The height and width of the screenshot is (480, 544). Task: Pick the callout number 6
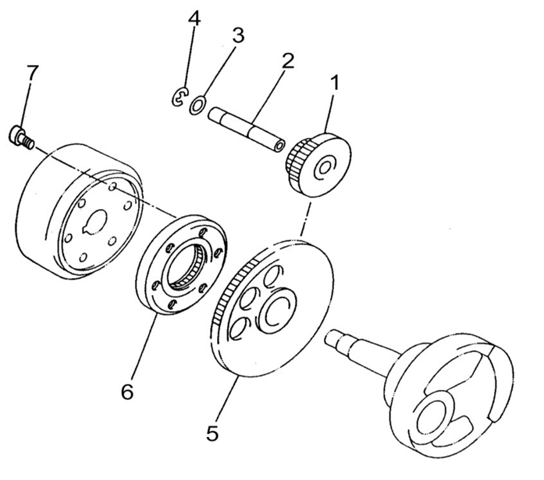[127, 391]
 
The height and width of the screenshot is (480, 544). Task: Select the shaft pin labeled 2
[246, 130]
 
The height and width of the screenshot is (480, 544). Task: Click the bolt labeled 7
[21, 137]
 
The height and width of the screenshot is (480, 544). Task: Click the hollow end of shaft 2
[279, 146]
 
